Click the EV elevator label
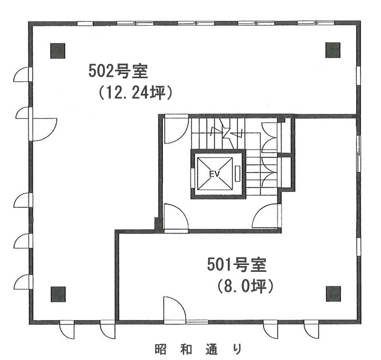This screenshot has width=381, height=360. (214, 174)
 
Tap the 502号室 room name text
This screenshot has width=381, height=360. (118, 71)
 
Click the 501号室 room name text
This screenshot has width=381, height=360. (237, 264)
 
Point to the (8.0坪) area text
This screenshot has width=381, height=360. (245, 286)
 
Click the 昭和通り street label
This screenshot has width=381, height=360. (198, 348)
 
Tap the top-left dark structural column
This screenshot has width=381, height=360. (58, 51)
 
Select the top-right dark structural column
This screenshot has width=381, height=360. (333, 50)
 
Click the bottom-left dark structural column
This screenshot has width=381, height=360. (58, 294)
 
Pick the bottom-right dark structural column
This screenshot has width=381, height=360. (333, 294)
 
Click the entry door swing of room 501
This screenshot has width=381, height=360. (175, 310)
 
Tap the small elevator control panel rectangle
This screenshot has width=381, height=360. (237, 173)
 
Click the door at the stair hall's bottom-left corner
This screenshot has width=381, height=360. (176, 216)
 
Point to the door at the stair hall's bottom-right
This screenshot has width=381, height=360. (267, 216)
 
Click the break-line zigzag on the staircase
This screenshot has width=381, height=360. (227, 133)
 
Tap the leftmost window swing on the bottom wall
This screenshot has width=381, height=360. (67, 330)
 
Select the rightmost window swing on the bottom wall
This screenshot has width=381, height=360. (311, 329)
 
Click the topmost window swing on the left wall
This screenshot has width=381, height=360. (23, 75)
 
